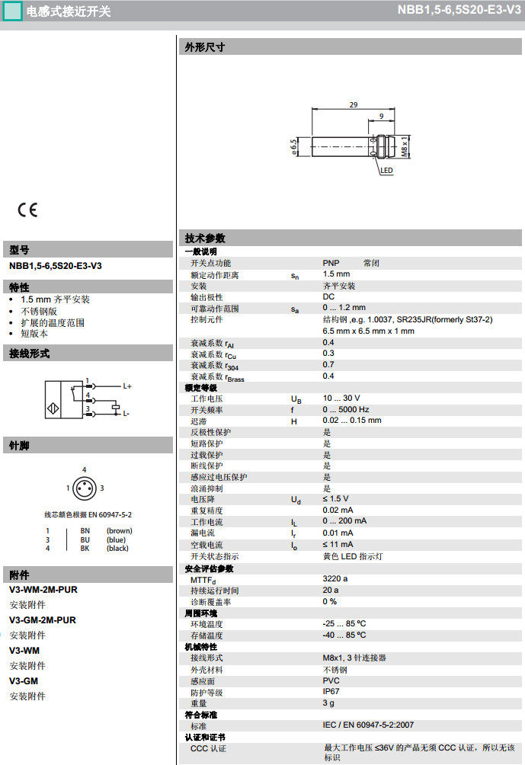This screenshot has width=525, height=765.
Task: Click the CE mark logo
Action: [x=27, y=210]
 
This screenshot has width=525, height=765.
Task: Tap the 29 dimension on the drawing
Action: [x=354, y=105]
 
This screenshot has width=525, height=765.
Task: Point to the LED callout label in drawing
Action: [x=386, y=171]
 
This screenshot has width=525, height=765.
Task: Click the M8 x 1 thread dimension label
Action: [x=405, y=143]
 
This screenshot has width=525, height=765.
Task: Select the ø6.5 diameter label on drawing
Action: [x=293, y=146]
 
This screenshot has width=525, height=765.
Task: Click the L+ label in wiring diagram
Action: [x=126, y=386]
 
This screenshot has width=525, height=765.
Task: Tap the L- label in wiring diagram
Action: [x=126, y=414]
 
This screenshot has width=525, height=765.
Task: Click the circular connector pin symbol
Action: [x=84, y=488]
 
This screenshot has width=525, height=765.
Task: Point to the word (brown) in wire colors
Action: [x=119, y=531]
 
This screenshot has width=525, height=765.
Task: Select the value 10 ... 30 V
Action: [x=341, y=399]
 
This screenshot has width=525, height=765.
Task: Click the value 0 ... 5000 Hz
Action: [x=345, y=410]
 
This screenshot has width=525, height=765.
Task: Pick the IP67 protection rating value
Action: [x=331, y=692]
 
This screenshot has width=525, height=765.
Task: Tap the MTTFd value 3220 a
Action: [x=335, y=580]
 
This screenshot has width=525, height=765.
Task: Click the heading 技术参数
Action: [x=205, y=238]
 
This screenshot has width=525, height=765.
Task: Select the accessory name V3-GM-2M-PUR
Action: [x=43, y=620]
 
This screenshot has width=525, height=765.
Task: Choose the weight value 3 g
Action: [x=328, y=703]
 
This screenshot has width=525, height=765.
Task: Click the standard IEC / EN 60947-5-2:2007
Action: [x=368, y=725]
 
